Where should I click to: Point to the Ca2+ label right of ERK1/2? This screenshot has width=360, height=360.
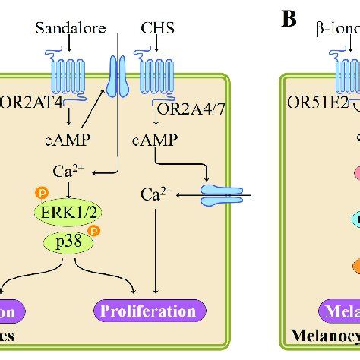155,197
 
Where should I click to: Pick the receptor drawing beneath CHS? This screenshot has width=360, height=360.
155,77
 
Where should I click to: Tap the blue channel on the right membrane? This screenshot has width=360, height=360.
223,197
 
